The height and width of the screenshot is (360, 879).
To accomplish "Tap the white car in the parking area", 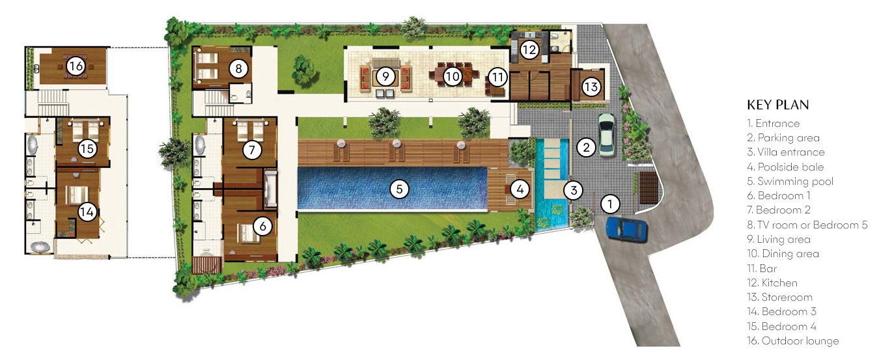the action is (606, 135).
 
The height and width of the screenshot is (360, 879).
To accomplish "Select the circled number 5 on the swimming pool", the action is (399, 189).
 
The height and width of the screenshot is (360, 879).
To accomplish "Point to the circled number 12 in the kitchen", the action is (529, 50).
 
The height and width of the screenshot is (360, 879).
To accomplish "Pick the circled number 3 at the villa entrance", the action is (574, 190).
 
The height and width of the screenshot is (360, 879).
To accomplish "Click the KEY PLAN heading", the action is (778, 105).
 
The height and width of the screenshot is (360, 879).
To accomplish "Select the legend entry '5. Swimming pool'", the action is (790, 181).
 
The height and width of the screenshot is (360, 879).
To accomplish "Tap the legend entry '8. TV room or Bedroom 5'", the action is (807, 225).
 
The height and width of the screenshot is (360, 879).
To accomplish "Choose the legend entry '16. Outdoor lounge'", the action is (792, 340).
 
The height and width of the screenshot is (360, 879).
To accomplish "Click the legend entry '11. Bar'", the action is (762, 268).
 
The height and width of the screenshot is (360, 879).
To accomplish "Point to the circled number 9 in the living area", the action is (385, 76).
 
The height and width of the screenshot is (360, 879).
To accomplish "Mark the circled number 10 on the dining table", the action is (452, 76).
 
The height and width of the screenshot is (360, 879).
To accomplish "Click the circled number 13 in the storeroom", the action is (591, 87).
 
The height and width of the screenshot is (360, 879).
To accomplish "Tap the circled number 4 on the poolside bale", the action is (520, 189).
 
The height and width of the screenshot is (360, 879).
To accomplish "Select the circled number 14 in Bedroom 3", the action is (87, 212).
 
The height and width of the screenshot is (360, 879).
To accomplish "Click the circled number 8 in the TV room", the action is (238, 69).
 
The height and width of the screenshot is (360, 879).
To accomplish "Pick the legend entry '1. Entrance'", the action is (773, 123).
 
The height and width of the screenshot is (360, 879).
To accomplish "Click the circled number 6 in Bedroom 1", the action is (262, 226).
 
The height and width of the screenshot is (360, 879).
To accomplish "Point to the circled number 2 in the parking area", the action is (586, 148).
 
